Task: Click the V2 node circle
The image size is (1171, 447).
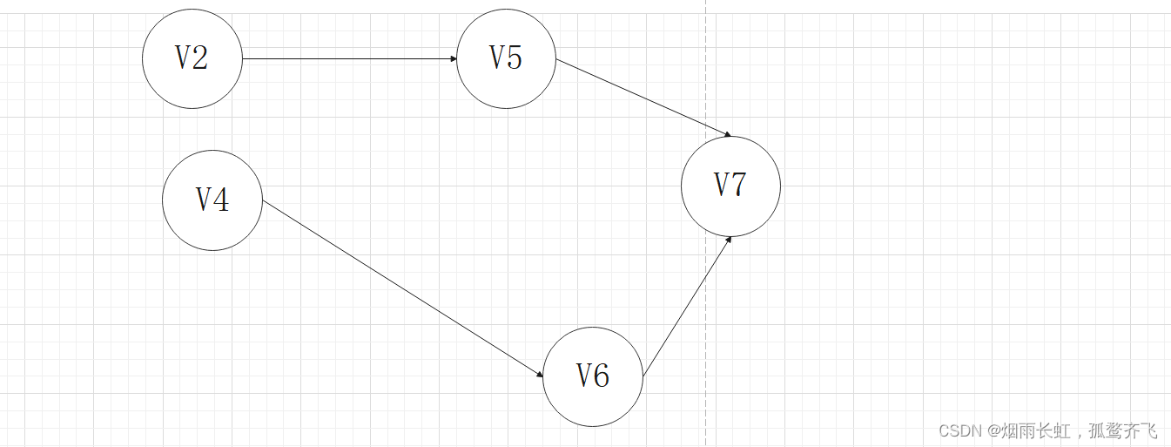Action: coord(192,58)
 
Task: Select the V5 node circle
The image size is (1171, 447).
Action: coord(506,58)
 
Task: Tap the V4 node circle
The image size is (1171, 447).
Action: coord(212,200)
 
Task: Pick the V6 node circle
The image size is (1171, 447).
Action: coord(593,376)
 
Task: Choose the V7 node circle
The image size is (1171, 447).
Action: coord(730,186)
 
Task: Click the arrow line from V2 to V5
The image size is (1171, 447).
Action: coord(348,58)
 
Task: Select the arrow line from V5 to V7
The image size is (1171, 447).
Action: coord(643,98)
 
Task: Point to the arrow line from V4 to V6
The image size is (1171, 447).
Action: coord(402,288)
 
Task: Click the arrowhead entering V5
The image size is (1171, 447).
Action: coord(453,58)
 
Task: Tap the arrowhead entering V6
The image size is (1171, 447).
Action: coord(540,376)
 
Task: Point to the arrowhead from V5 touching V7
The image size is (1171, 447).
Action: coord(726,135)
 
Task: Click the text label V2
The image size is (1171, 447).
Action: coord(192,58)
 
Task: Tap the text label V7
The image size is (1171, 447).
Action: coord(730,185)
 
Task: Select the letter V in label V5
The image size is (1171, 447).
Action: coord(497,58)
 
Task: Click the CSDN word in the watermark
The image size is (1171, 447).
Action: coord(960,431)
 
